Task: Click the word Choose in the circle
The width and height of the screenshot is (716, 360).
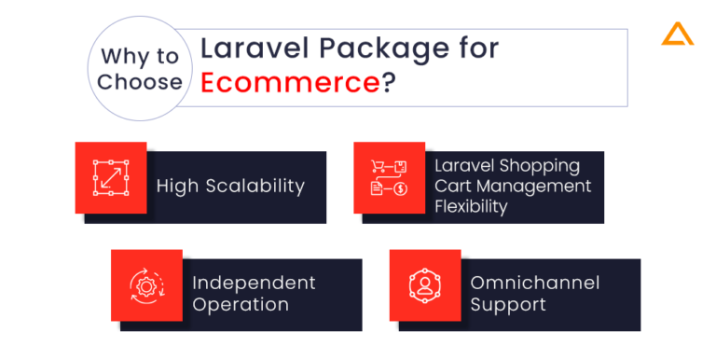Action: click(x=140, y=82)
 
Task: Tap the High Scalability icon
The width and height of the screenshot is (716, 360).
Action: click(x=110, y=177)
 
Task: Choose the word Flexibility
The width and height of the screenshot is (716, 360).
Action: click(x=471, y=207)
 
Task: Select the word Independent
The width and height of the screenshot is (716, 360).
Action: click(x=254, y=283)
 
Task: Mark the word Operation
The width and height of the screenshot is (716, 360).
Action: click(x=240, y=304)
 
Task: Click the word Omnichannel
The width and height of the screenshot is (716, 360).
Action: click(x=534, y=283)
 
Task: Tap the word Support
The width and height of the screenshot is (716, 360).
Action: click(x=508, y=304)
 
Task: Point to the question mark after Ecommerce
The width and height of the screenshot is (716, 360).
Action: click(x=386, y=81)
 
